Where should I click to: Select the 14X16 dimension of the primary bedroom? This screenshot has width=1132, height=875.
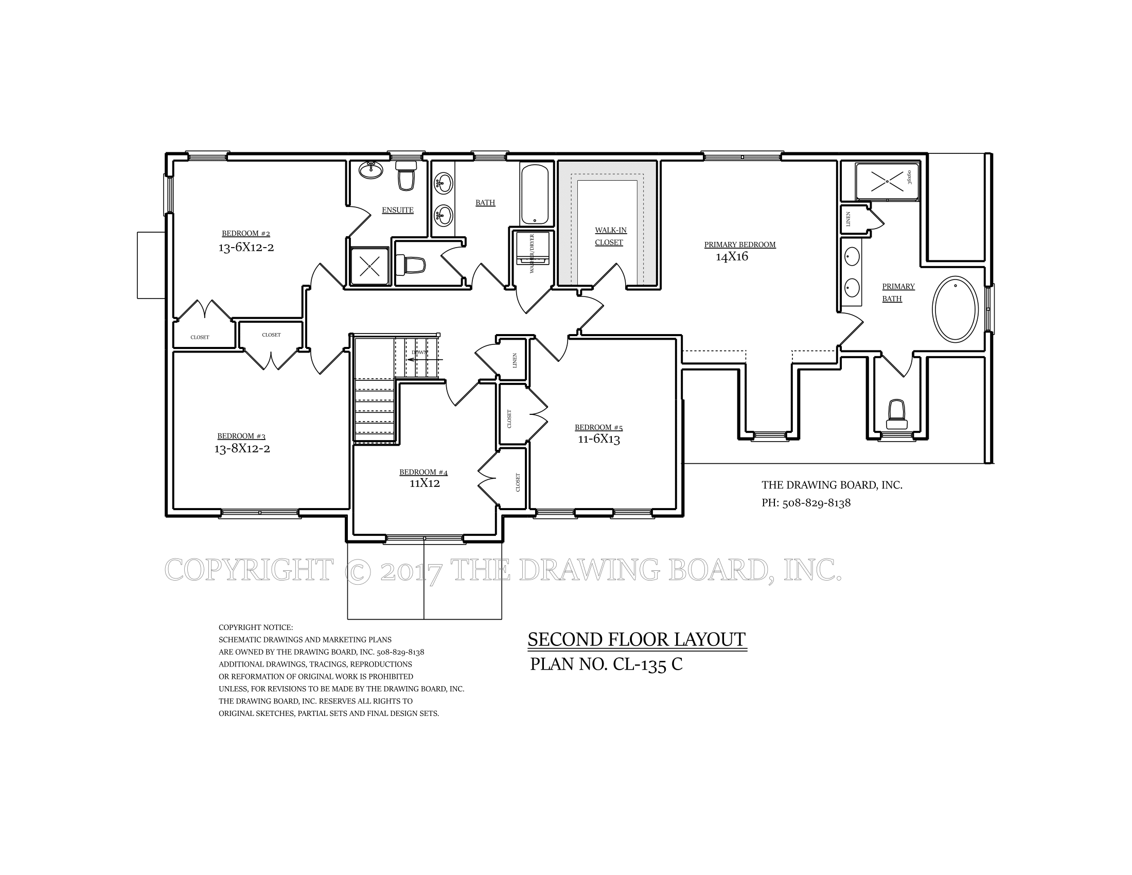tap(732, 257)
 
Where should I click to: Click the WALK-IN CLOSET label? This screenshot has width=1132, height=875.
tap(610, 236)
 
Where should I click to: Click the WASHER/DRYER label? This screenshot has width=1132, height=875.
tap(532, 253)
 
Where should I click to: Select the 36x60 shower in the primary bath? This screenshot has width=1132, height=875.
tap(887, 181)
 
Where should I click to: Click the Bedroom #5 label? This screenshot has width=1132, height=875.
tap(598, 428)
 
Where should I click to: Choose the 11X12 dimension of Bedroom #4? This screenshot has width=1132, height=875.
tap(424, 483)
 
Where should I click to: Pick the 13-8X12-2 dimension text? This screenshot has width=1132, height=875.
tap(242, 448)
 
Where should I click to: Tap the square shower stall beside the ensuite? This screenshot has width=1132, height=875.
tap(369, 267)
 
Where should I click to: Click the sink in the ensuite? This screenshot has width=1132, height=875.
tap(370, 169)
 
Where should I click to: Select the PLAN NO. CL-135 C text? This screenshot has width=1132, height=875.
tap(606, 664)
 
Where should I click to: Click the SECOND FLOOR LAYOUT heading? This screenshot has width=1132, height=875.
tap(636, 639)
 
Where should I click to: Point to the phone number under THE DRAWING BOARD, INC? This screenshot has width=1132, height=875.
tap(806, 503)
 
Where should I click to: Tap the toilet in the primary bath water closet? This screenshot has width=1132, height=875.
tap(897, 415)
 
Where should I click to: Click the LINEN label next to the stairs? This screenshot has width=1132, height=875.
tap(515, 360)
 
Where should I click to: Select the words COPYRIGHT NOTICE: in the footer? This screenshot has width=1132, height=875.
tap(256, 628)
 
